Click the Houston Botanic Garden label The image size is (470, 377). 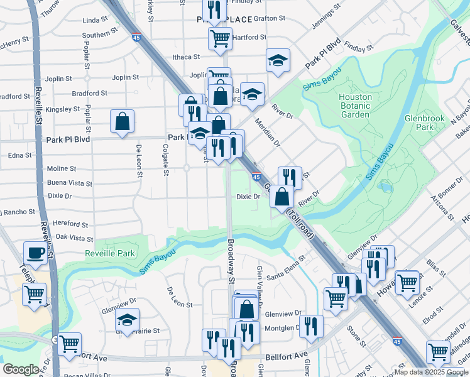[x=355, y=106]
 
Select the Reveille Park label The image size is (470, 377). [x=110, y=253]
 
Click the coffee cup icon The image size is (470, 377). [x=35, y=253]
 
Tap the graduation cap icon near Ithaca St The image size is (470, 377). [x=275, y=61]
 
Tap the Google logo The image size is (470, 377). [x=20, y=369]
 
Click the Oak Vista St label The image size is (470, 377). [x=74, y=238]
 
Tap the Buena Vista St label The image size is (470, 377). [x=70, y=183]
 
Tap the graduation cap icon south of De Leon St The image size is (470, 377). [x=127, y=320]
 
